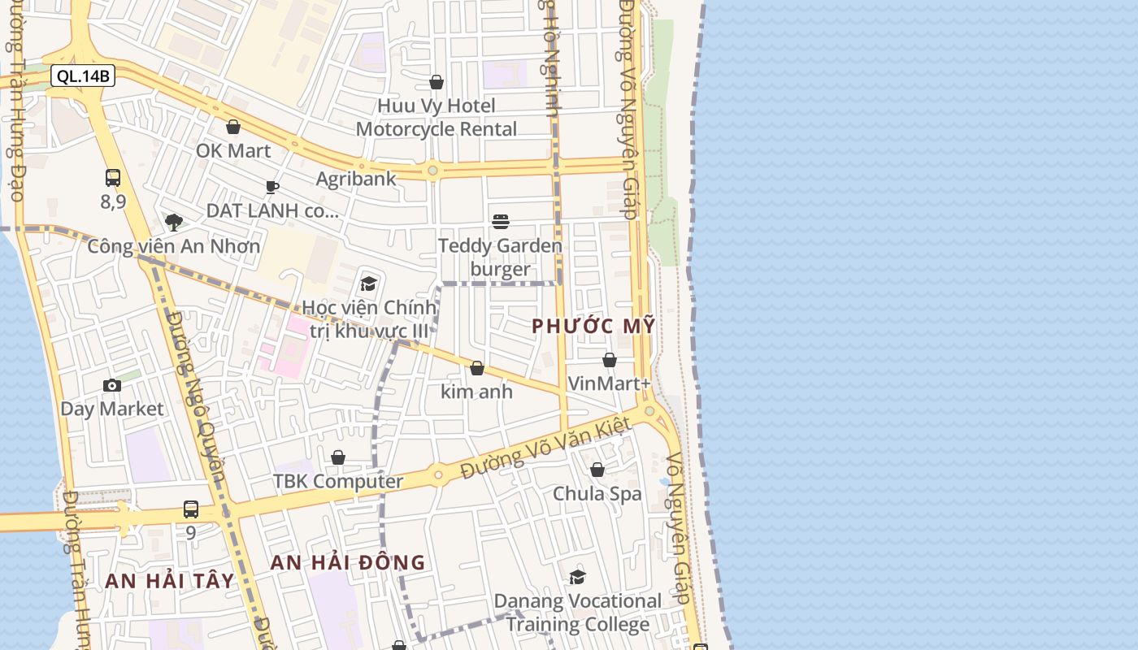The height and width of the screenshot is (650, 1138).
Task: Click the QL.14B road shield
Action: click(83, 76)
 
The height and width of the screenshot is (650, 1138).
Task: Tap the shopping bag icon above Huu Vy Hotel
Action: click(437, 82)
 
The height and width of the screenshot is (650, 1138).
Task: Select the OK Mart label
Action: click(233, 150)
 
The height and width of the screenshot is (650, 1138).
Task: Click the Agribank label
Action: click(356, 179)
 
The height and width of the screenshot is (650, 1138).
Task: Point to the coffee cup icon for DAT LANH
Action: click(272, 188)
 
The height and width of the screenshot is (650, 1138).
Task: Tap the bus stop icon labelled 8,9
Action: click(113, 178)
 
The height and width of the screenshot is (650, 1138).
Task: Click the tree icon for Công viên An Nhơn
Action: click(173, 222)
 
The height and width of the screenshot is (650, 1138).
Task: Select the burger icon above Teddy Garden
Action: click(501, 222)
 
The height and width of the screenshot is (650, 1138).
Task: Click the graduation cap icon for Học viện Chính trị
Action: click(369, 284)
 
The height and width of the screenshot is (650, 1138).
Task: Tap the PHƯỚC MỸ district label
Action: click(593, 326)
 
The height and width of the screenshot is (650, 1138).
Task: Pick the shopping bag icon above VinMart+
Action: click(610, 360)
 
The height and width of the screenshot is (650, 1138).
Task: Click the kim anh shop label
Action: click(476, 392)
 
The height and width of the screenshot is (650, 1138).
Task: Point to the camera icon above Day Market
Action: click(113, 385)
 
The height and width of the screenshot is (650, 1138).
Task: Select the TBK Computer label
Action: click(338, 481)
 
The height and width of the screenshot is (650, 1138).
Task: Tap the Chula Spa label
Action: click(597, 494)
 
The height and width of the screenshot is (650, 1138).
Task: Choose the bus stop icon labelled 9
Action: click(191, 509)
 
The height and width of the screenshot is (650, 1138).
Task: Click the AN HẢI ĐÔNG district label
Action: click(348, 562)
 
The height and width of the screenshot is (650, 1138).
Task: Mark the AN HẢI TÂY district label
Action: click(170, 581)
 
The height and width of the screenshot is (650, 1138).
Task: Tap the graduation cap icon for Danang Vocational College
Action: click(578, 577)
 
